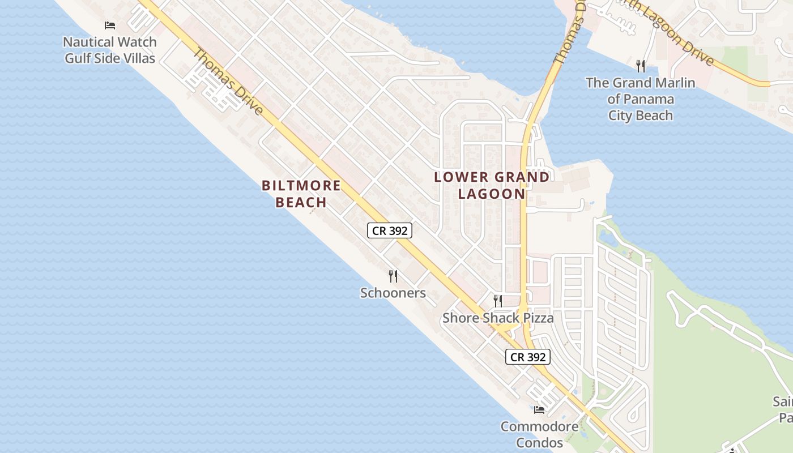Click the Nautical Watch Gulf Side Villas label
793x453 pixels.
point(110,50)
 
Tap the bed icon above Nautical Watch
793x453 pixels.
point(110,25)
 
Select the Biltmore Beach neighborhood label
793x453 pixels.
point(301,194)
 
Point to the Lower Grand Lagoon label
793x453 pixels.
point(492,185)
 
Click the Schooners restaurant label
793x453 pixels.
point(393,293)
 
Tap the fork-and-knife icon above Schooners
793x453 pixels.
point(393,276)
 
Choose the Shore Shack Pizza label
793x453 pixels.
point(498,318)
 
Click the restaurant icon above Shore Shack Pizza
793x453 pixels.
point(498,301)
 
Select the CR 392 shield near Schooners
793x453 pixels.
point(390,230)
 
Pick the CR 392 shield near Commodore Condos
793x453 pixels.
point(528,357)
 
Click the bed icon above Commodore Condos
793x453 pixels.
point(539,409)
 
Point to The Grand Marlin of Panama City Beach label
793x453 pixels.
point(641,99)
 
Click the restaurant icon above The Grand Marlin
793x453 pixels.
point(641,66)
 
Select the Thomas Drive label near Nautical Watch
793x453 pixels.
point(229,82)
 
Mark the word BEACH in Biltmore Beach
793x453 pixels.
point(301,202)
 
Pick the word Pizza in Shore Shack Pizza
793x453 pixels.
point(538,318)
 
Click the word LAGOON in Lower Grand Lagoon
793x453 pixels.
point(492,194)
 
